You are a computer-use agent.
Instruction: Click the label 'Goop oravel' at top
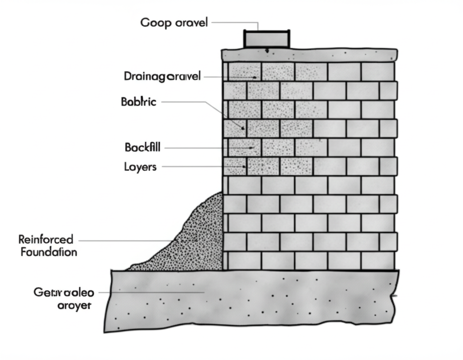click(x=174, y=23)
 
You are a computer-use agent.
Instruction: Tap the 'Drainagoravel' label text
click(x=162, y=76)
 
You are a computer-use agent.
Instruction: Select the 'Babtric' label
click(x=138, y=102)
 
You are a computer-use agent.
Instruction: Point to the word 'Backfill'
click(x=142, y=147)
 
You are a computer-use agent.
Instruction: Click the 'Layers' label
click(x=140, y=167)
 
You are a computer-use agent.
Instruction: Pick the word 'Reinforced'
click(x=46, y=239)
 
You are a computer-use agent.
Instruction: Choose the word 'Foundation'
click(x=49, y=252)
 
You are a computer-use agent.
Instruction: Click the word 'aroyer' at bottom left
click(x=75, y=305)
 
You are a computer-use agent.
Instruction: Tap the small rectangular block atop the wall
click(x=267, y=39)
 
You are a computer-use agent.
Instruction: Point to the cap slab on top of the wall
click(x=309, y=56)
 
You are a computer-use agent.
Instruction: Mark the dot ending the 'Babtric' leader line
click(x=243, y=128)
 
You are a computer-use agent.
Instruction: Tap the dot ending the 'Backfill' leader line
click(x=251, y=147)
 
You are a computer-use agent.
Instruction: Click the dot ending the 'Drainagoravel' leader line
click(x=255, y=77)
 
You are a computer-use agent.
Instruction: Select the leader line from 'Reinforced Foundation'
click(x=127, y=240)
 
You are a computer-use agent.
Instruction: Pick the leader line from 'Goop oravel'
click(x=235, y=22)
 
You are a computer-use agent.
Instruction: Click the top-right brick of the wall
click(x=378, y=72)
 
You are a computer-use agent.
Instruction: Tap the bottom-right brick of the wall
click(x=378, y=261)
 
